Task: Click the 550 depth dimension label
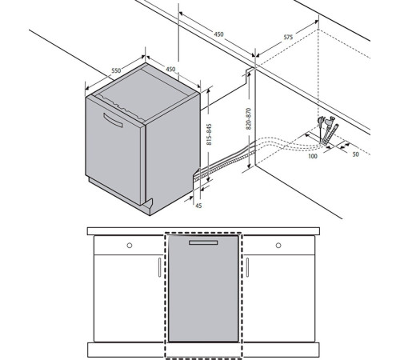pyautogui.click(x=116, y=70)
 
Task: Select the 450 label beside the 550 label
pyautogui.click(x=170, y=69)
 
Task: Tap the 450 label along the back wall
pyautogui.click(x=218, y=34)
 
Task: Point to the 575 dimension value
pyautogui.click(x=288, y=37)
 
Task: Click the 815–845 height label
pyautogui.click(x=210, y=134)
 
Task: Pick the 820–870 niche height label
pyautogui.click(x=249, y=118)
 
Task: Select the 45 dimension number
pyautogui.click(x=198, y=206)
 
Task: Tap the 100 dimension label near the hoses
pyautogui.click(x=313, y=156)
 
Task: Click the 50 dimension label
pyautogui.click(x=356, y=154)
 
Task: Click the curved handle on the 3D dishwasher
pyautogui.click(x=113, y=121)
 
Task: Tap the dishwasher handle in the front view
pyautogui.click(x=203, y=242)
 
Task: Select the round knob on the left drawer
pyautogui.click(x=130, y=246)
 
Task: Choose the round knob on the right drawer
pyautogui.click(x=278, y=246)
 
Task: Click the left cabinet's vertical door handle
pyautogui.click(x=160, y=267)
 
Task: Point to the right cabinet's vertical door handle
pyautogui.click(x=247, y=267)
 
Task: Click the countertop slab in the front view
pyautogui.click(x=203, y=231)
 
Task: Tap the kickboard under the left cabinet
pyautogui.click(x=126, y=350)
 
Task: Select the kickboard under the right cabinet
pyautogui.click(x=281, y=350)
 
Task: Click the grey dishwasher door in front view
pyautogui.click(x=203, y=289)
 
